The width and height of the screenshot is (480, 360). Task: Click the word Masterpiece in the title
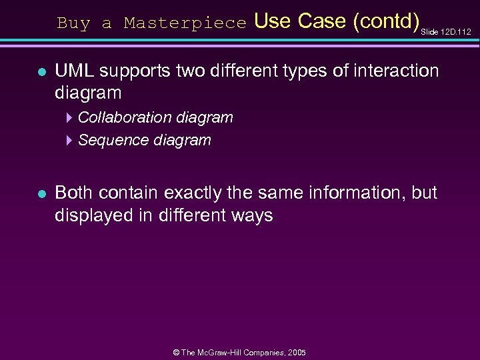click(x=185, y=23)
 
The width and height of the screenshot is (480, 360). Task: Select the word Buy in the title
click(x=73, y=23)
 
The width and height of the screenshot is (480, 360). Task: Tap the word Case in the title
click(x=322, y=21)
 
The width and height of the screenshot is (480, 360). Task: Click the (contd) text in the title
click(x=385, y=21)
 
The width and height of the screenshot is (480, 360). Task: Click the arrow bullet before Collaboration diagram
click(x=70, y=118)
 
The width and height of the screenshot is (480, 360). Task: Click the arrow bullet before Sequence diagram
click(x=70, y=141)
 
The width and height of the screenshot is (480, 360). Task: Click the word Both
click(x=74, y=193)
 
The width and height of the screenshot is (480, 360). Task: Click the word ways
click(x=252, y=216)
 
